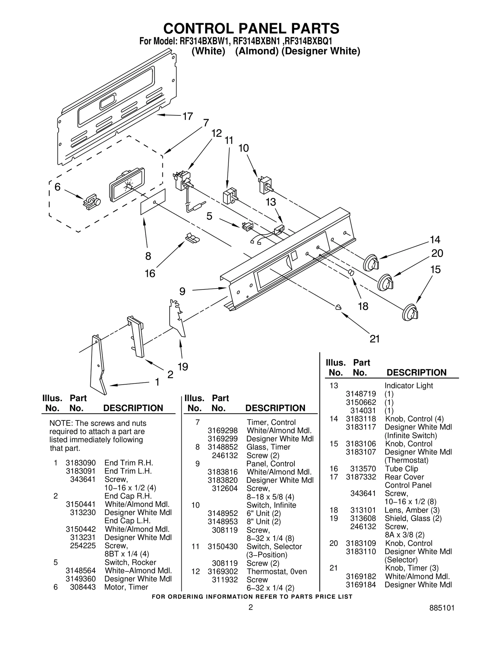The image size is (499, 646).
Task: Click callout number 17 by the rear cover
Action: tap(187, 116)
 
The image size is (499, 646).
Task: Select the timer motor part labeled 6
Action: tap(91, 202)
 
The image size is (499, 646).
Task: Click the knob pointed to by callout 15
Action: tap(410, 312)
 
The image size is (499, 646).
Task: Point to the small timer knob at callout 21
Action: tap(338, 307)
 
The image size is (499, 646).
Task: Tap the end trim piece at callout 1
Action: tap(97, 365)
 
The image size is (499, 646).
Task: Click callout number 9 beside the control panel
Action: tap(182, 291)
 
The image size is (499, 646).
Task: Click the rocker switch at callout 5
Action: tap(247, 227)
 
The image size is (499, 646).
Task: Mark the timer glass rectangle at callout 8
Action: tap(153, 202)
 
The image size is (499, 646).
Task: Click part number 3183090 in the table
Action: tap(80, 463)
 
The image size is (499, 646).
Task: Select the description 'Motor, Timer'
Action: tap(126, 587)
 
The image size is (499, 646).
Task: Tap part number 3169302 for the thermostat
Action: tap(223, 571)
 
